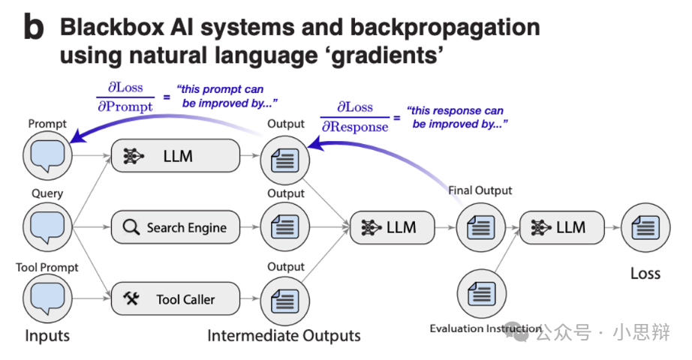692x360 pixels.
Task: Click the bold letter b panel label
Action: pyautogui.click(x=34, y=27)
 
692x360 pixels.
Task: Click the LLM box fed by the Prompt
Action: pyautogui.click(x=174, y=157)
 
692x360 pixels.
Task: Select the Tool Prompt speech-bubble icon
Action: pyautogui.click(x=47, y=298)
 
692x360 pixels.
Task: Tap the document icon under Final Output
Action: pyautogui.click(x=480, y=227)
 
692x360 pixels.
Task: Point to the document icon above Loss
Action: pyautogui.click(x=645, y=227)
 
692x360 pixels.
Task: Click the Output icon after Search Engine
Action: pyautogui.click(x=285, y=227)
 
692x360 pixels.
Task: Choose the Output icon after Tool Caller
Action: pyautogui.click(x=285, y=299)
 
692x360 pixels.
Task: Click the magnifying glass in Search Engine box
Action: pyautogui.click(x=131, y=227)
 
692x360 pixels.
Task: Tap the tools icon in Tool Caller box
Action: pyautogui.click(x=131, y=299)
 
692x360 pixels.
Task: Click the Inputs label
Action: pyautogui.click(x=47, y=335)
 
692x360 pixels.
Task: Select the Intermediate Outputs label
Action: pyautogui.click(x=284, y=335)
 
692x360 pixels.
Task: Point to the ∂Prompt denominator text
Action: pyautogui.click(x=125, y=107)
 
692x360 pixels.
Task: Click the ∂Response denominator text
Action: pyautogui.click(x=355, y=127)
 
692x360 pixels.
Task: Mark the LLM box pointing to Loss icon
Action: pyautogui.click(x=562, y=227)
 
